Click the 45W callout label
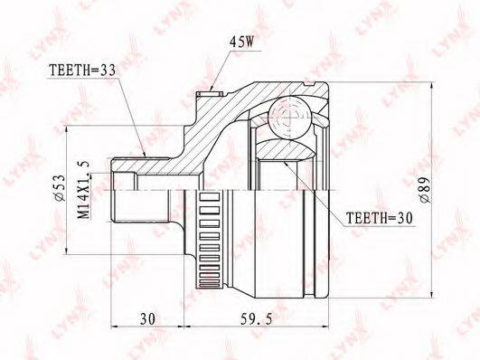pos(240,43)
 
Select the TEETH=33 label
pos(82,71)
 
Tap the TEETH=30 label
pos(380,218)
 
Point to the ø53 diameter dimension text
pos(60,188)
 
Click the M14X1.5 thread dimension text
pos(84,190)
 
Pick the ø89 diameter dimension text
pos(425,190)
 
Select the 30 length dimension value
pos(148,319)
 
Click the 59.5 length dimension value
pos(256,319)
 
